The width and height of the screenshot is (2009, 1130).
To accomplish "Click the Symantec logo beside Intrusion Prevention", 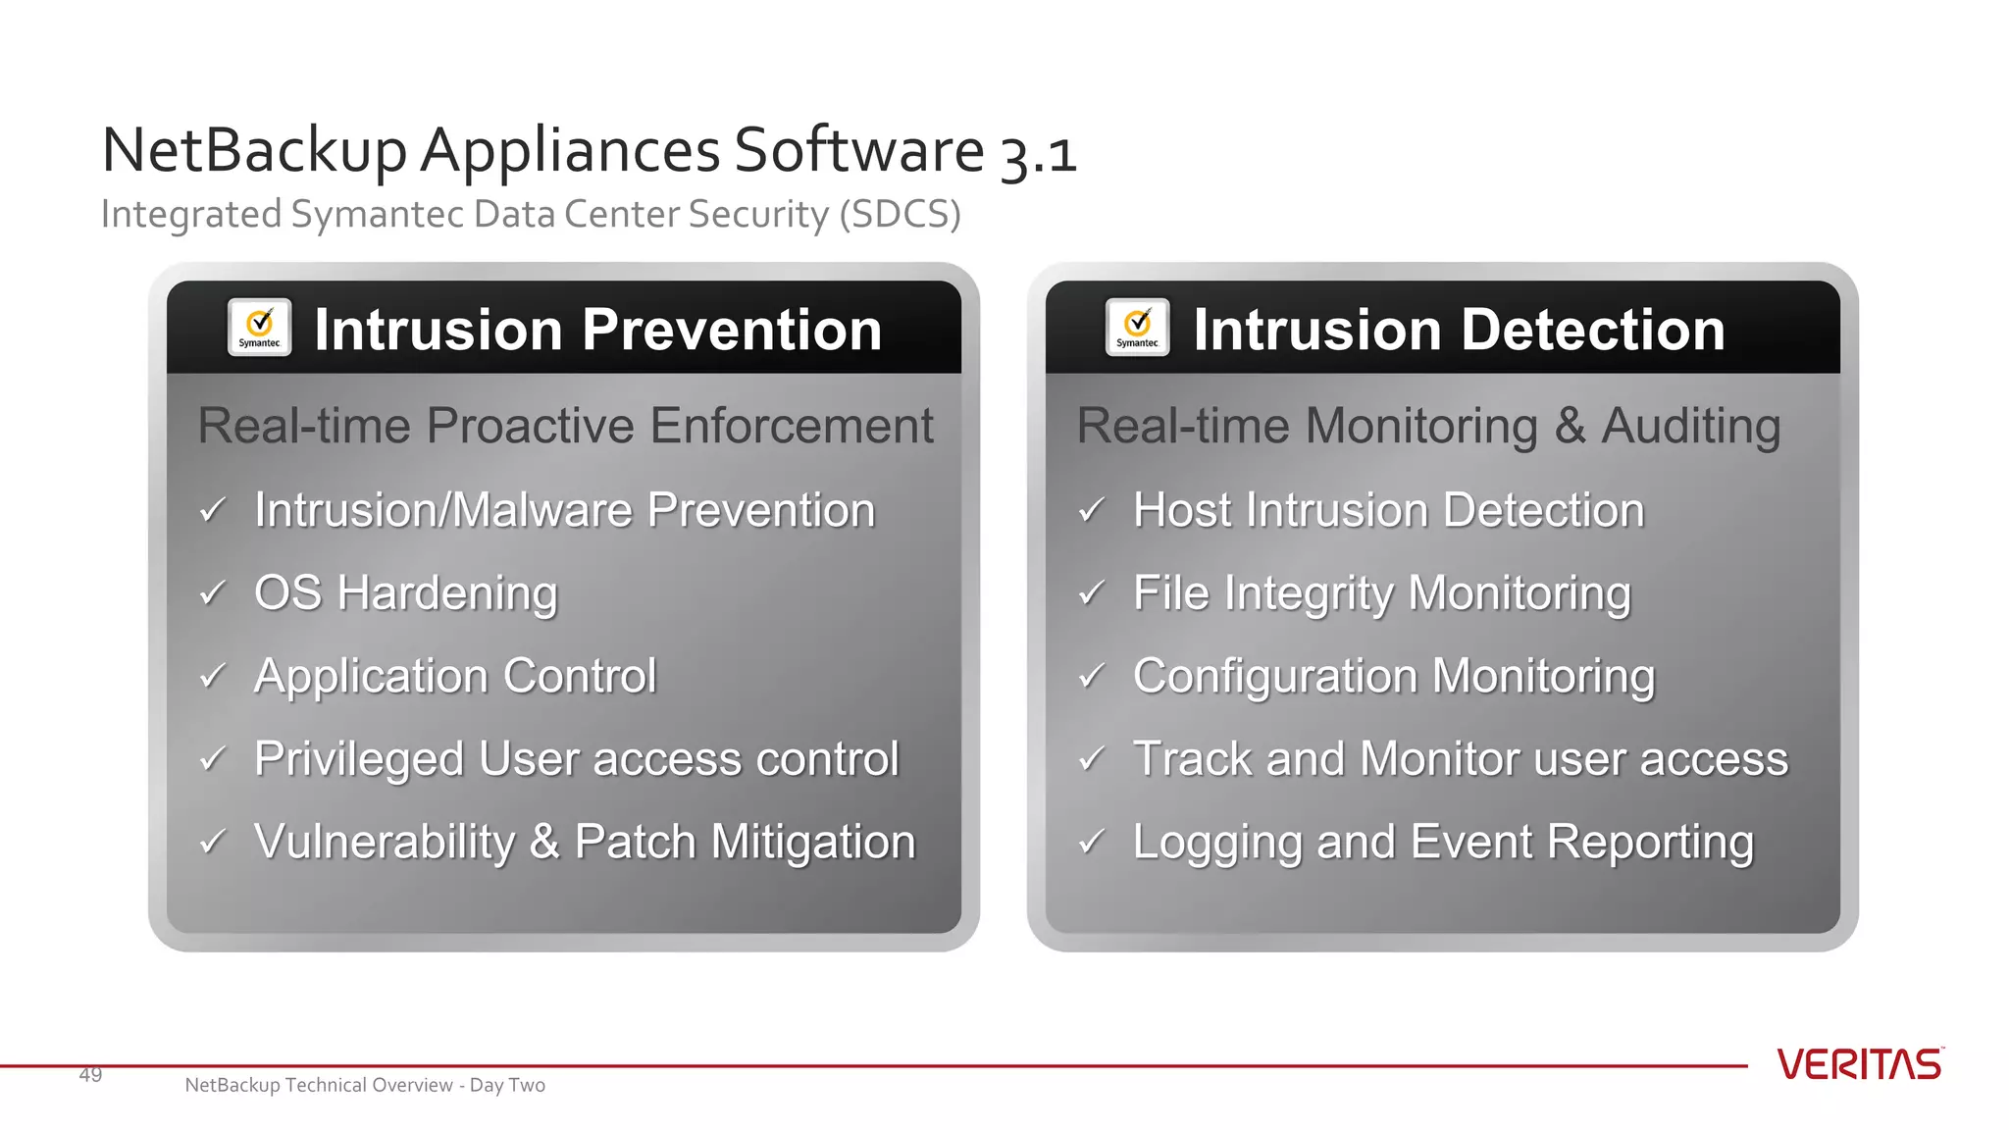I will (259, 328).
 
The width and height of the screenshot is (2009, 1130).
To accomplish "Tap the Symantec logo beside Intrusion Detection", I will (1137, 328).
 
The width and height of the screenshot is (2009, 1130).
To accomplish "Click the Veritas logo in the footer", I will (1859, 1064).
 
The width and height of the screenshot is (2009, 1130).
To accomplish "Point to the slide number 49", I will (90, 1075).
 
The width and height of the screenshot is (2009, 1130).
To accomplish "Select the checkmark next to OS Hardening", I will (213, 593).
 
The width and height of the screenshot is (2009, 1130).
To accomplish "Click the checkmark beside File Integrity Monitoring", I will (1091, 593).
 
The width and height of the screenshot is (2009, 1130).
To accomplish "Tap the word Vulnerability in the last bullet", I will (384, 842).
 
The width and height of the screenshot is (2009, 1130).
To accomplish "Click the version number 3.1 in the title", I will (1038, 154).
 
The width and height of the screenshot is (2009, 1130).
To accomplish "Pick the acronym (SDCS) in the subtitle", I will (900, 214).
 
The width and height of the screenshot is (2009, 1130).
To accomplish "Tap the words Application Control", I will (455, 676).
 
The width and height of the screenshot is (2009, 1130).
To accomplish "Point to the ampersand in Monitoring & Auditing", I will (1570, 426).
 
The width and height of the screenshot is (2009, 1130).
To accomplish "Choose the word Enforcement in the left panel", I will (791, 426).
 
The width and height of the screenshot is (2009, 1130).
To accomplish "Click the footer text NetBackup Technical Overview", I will (318, 1085).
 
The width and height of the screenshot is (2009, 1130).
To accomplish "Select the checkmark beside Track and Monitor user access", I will (1091, 759).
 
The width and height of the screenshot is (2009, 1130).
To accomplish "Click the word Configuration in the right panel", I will (1274, 677).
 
